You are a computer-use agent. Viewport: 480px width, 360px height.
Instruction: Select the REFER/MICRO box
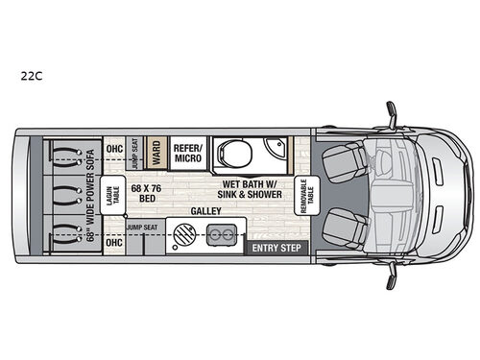pos(186,152)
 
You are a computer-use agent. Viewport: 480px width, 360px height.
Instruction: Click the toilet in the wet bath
pos(231,152)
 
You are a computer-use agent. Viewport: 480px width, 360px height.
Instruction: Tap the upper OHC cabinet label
pos(114,148)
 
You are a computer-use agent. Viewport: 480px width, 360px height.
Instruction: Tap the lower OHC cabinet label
pos(114,242)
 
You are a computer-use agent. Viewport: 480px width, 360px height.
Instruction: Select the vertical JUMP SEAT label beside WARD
pos(135,152)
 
